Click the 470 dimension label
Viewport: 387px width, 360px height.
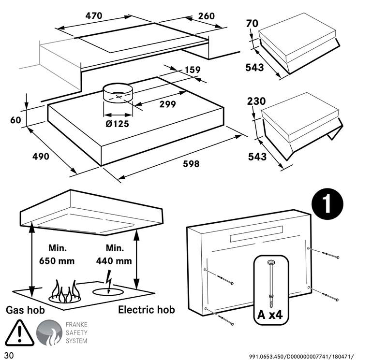click(94, 15)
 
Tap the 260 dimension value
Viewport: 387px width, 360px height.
click(206, 16)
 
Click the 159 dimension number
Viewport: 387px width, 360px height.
click(193, 70)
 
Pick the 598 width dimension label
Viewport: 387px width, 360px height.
click(191, 164)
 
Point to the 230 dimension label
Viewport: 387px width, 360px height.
click(256, 101)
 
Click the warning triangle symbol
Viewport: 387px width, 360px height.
click(18, 332)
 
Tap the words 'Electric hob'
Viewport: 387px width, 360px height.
click(147, 310)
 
